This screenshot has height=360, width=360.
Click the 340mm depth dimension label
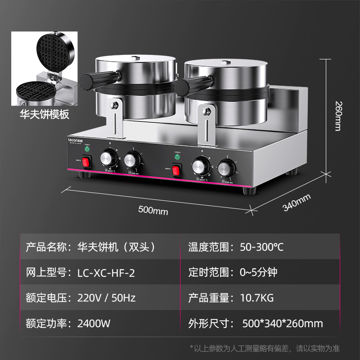[297, 202]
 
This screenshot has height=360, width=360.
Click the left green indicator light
[87, 148]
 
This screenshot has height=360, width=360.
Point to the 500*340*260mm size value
[282, 323]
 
